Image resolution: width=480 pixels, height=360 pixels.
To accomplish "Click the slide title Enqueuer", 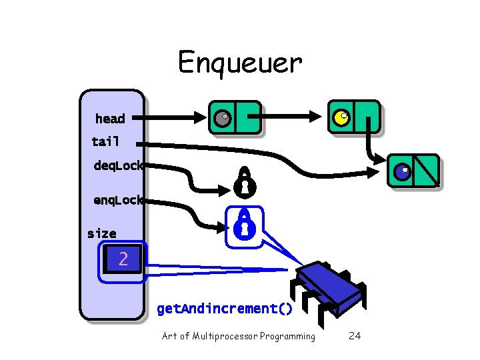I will [240, 63].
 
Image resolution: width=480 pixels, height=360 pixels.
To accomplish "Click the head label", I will [110, 119].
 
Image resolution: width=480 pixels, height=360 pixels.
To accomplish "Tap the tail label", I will [105, 141].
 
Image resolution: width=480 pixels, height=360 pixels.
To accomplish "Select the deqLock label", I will [118, 165].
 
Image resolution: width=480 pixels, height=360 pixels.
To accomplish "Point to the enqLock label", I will [118, 199].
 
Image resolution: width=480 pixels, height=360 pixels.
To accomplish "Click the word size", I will [101, 233].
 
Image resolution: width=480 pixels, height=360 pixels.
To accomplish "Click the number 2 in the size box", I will [123, 259].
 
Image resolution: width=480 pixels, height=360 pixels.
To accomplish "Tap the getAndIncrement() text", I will [225, 309].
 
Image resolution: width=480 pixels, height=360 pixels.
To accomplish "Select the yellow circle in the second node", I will [341, 118].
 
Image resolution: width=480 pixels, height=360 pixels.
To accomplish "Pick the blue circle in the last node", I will [401, 171].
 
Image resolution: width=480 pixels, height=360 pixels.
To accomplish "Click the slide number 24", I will [355, 336].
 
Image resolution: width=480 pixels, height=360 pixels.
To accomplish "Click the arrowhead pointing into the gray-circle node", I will [203, 118].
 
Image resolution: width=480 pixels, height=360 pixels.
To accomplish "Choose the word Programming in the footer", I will [290, 336].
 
